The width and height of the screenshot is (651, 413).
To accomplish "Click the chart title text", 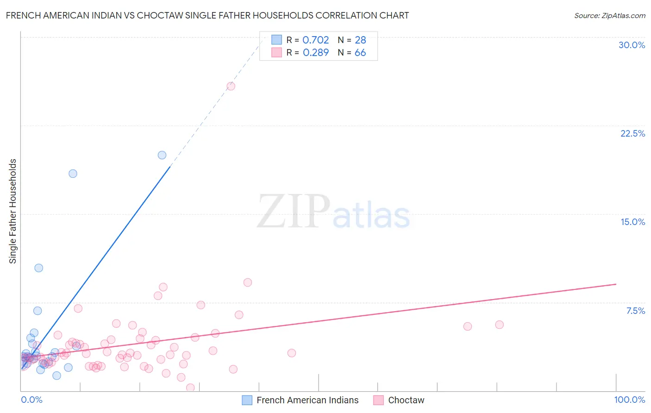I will click(207, 15).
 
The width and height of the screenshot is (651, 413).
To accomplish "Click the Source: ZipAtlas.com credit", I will click(609, 15).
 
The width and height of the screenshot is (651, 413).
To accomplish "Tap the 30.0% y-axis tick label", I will click(632, 45).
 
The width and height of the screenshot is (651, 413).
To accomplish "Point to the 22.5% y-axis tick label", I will click(632, 133).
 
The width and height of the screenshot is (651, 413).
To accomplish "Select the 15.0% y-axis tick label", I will click(632, 222).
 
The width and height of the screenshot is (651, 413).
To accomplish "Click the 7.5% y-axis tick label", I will click(635, 311).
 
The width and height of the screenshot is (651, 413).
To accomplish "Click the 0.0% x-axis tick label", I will click(31, 400).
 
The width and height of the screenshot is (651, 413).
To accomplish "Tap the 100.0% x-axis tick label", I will click(629, 400).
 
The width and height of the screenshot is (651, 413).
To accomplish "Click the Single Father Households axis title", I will click(13, 211).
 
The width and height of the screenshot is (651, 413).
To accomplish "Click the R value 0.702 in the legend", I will click(315, 40).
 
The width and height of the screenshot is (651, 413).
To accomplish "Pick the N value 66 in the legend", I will click(360, 52).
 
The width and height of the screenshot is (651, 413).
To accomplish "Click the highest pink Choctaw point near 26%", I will click(231, 86).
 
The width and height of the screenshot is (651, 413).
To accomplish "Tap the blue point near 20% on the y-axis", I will click(162, 155).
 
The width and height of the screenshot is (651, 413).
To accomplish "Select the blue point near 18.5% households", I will click(73, 174).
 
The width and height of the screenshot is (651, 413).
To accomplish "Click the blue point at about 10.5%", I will click(39, 268).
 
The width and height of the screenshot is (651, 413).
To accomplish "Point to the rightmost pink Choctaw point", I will click(499, 325).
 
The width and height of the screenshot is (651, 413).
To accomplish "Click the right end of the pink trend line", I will click(616, 284).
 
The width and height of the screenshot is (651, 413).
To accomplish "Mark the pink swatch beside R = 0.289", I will click(276, 52).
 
